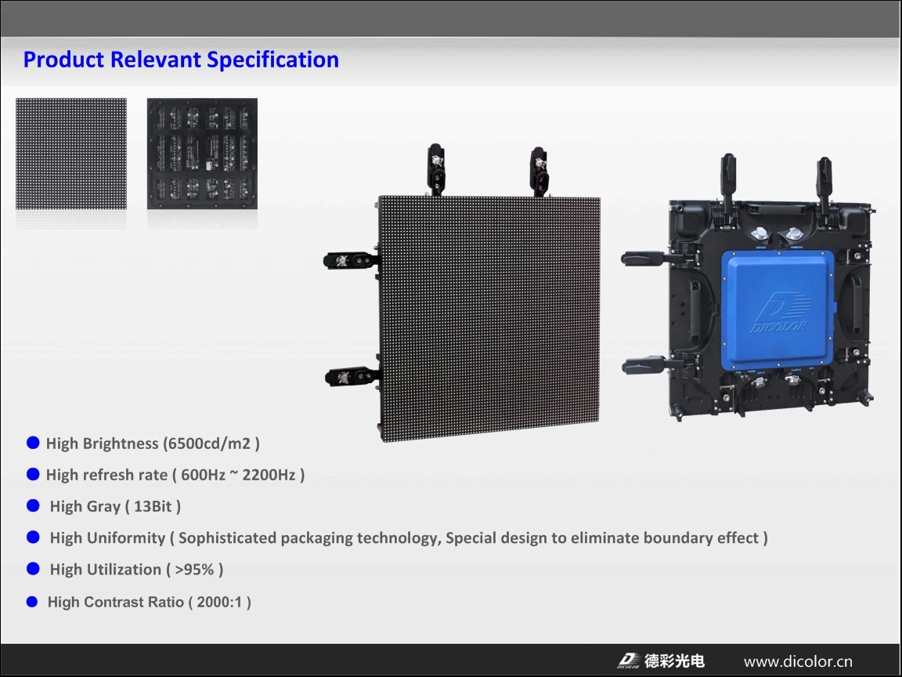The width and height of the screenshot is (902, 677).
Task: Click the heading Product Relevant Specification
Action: pyautogui.click(x=181, y=60)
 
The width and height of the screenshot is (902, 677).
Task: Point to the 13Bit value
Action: pyautogui.click(x=152, y=506)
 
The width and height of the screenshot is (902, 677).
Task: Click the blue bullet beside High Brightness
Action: pyautogui.click(x=33, y=443)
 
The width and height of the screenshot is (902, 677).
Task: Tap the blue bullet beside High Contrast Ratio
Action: pyautogui.click(x=33, y=601)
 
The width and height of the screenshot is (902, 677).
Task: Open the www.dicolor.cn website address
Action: pyautogui.click(x=798, y=661)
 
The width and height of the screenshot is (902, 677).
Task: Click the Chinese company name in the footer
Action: pyautogui.click(x=674, y=661)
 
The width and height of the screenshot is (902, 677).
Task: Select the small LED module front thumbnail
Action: pyautogui.click(x=71, y=154)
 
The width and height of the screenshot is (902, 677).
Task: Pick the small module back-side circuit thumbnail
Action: pyautogui.click(x=202, y=154)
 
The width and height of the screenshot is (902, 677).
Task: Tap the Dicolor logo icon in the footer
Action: pyautogui.click(x=628, y=661)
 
